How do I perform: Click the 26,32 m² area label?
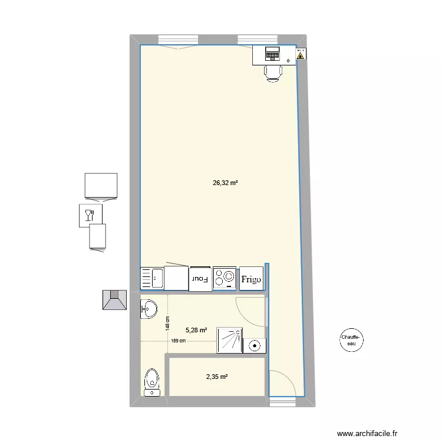225,183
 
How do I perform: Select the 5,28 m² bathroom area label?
196,331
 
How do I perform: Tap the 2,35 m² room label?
216,377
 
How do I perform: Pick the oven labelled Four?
200,278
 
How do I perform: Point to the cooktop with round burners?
225,278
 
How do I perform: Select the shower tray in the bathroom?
230,341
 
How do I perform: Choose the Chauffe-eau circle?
352,340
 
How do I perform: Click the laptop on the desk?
272,54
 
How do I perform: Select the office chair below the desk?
273,72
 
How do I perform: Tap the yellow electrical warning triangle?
301,57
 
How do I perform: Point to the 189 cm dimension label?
179,341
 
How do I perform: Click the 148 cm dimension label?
167,322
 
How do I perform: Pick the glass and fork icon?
90,215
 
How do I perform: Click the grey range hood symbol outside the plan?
115,299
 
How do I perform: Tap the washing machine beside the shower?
256,345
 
